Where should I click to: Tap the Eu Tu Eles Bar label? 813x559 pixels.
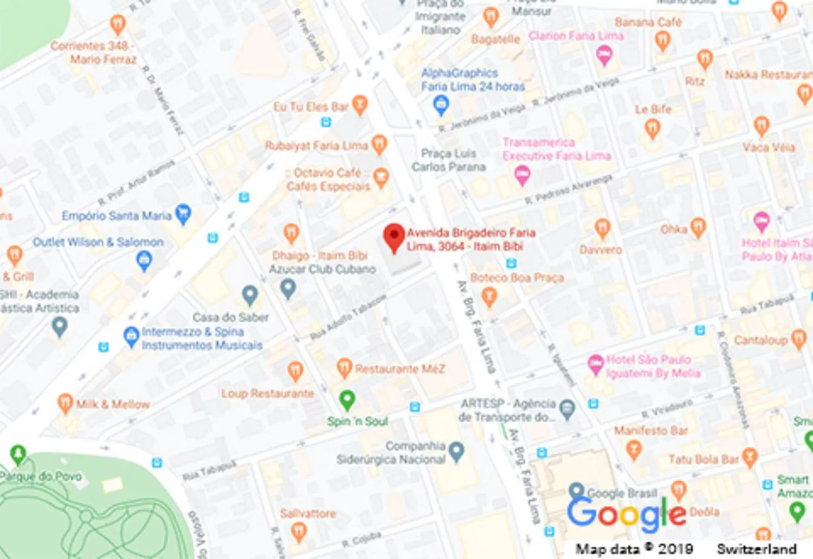coord(311,107)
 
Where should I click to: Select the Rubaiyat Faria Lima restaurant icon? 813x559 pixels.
coord(379,144)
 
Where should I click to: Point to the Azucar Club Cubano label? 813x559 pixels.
coord(322,269)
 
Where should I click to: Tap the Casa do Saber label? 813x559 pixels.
coord(230,317)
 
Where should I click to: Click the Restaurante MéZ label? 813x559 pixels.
coord(400,369)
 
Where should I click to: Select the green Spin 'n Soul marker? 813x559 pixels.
coord(347,400)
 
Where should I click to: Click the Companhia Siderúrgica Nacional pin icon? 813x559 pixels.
coord(456,451)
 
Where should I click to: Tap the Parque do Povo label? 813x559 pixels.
coord(41,477)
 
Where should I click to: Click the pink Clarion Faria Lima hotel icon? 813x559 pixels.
coord(604,54)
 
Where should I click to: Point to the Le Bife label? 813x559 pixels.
coord(653,110)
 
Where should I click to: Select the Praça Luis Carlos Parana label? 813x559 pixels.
coord(448,160)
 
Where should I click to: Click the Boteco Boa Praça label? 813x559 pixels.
coord(517,278)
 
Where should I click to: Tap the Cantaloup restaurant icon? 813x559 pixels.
coord(798,339)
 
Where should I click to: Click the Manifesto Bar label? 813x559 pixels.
coord(650,431)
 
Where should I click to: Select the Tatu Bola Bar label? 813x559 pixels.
coord(704,459)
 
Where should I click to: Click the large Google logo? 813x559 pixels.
coord(626,513)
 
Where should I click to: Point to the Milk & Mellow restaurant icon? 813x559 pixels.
coord(65,403)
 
